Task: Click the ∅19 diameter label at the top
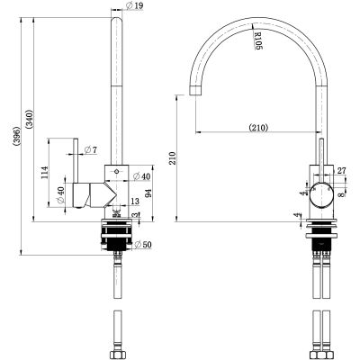coord(135,5)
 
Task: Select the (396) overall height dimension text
coord(17,137)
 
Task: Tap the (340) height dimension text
coord(30,120)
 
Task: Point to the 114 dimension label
coord(45,172)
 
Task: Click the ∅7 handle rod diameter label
coord(91,149)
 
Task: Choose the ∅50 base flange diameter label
coord(143,245)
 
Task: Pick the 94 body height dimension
coord(148,192)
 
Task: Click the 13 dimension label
coord(135,201)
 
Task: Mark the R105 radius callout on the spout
coord(258,40)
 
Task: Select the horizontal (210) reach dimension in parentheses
coord(258,128)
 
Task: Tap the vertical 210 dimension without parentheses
coord(173,158)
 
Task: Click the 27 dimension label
coord(341,171)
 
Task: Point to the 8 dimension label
coord(341,194)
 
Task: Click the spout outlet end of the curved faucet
coord(195,90)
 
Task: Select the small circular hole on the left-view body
coord(117,172)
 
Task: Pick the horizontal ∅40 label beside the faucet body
coord(141,176)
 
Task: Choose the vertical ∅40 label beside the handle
coord(60,195)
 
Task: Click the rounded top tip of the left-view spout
coord(117,20)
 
